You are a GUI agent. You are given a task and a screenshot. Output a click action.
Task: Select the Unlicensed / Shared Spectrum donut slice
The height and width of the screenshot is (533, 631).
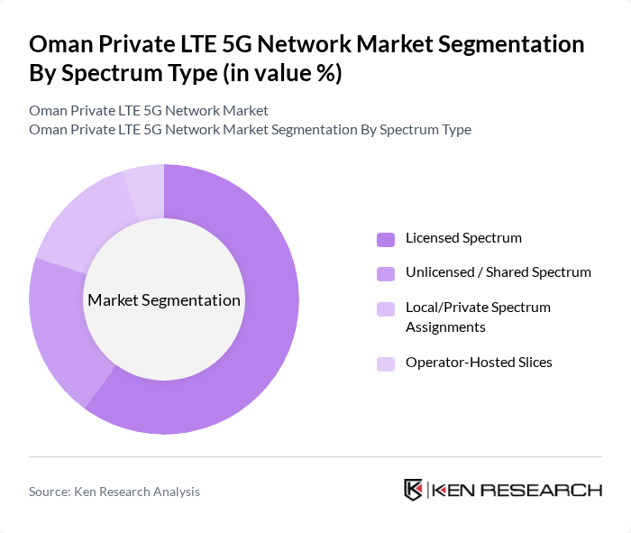[x=58, y=325]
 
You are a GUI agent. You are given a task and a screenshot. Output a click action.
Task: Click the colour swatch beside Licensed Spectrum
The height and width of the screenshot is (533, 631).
[x=386, y=239]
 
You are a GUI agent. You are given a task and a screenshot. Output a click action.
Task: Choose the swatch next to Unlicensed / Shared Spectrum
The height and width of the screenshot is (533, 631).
[x=386, y=272]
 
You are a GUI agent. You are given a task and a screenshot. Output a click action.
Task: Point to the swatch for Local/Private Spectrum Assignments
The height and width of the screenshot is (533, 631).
[x=386, y=308]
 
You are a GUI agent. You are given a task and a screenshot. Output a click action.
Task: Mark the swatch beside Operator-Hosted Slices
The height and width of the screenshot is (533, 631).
[x=386, y=363]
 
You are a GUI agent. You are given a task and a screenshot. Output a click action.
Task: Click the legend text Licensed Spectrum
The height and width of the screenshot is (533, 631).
[x=463, y=239]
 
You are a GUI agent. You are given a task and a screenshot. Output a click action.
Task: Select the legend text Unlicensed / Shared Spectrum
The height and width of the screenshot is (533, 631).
[x=498, y=272]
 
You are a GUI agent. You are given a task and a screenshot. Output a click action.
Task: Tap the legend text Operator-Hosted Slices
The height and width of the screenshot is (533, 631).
[x=479, y=363]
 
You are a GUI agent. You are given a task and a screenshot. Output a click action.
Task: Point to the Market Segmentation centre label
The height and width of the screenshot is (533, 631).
[x=164, y=300]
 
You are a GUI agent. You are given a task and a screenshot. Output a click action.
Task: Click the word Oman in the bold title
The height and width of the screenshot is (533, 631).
[x=59, y=44]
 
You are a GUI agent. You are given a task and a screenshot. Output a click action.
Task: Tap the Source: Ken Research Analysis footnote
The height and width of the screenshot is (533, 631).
[x=114, y=492]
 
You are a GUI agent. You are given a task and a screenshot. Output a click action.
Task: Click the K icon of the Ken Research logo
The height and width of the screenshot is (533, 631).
[x=413, y=490]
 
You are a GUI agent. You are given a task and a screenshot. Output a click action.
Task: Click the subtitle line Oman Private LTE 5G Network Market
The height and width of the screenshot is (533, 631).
[x=149, y=111]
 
